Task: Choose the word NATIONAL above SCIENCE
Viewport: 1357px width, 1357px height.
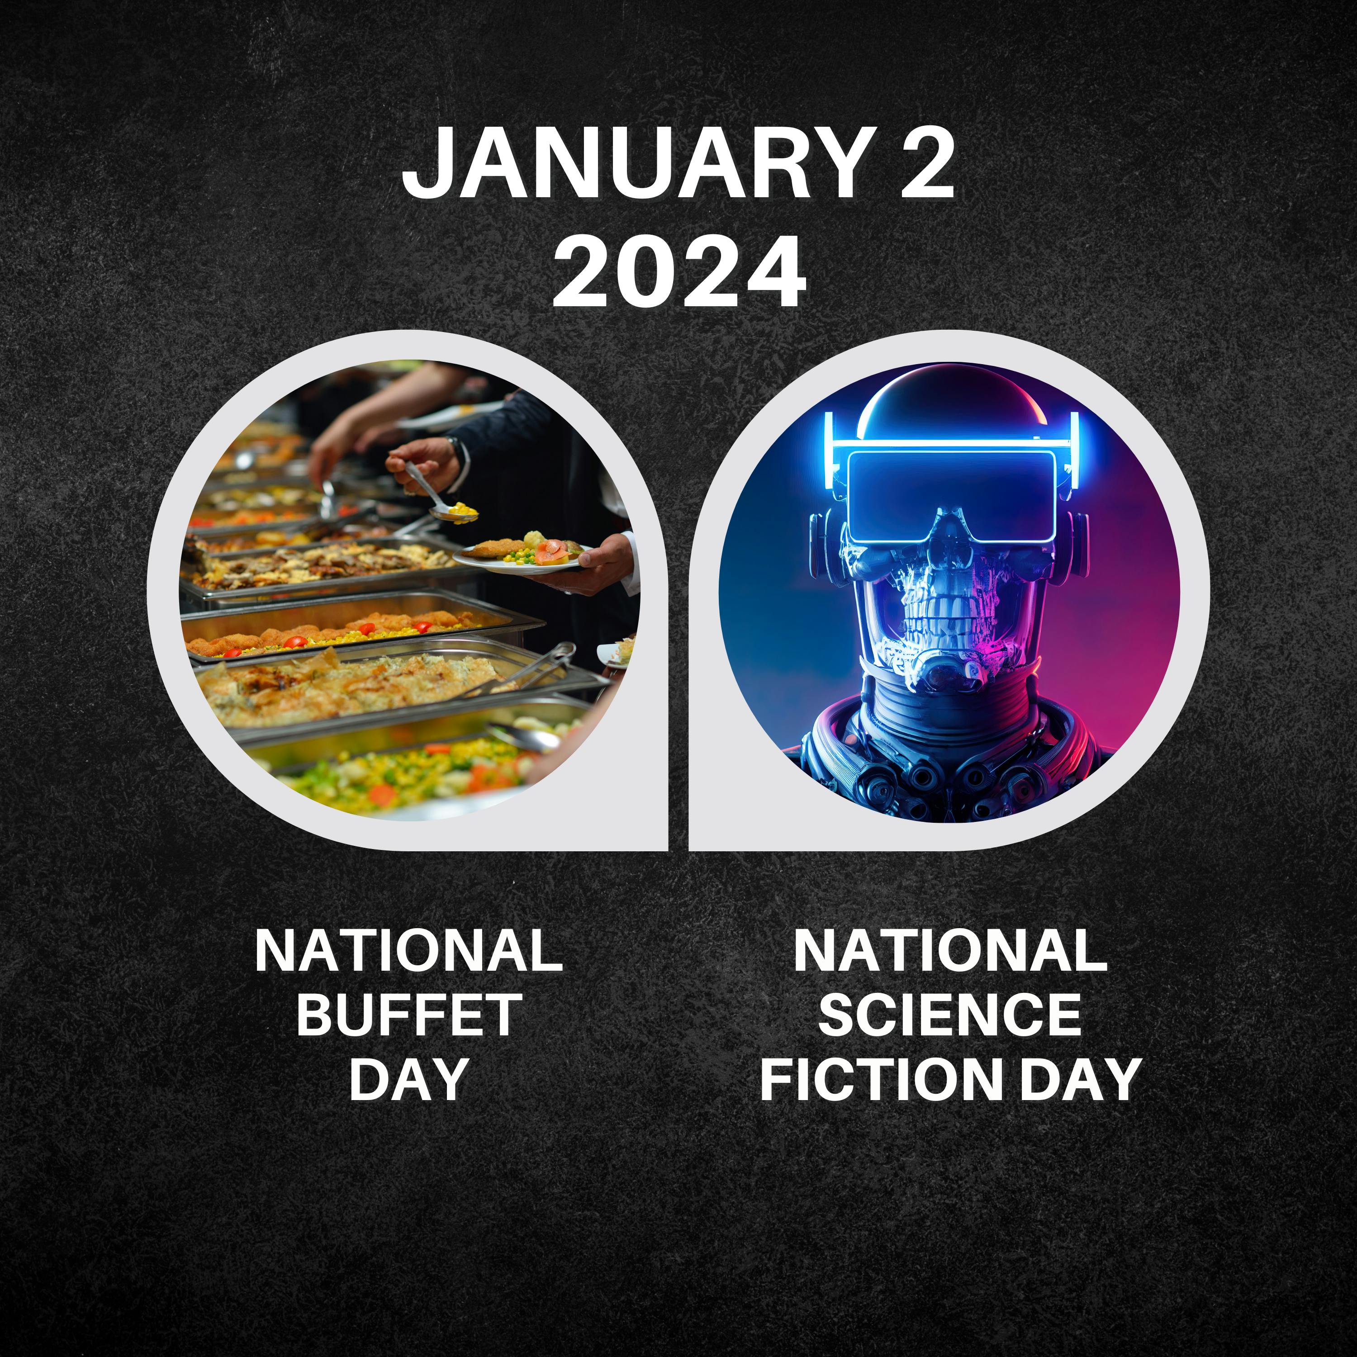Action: pyautogui.click(x=949, y=951)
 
